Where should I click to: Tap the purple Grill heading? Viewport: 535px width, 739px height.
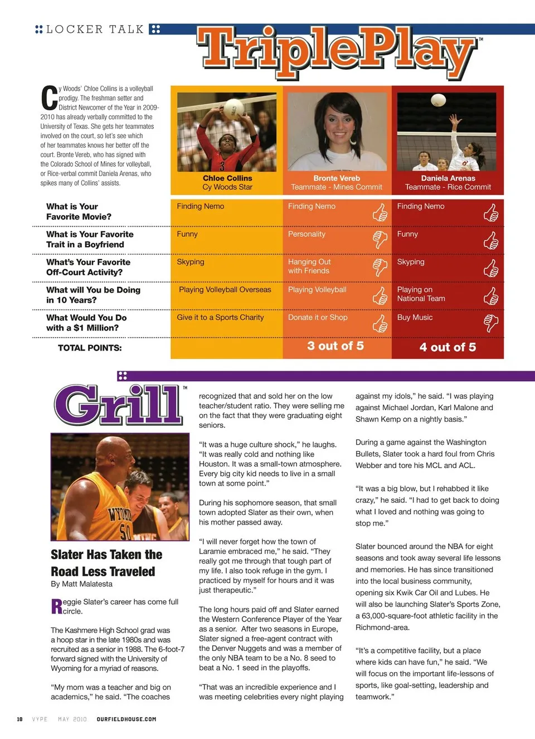pyautogui.click(x=119, y=405)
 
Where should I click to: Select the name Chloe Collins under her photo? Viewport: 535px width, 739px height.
pyautogui.click(x=227, y=178)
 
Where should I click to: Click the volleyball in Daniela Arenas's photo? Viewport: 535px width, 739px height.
pyautogui.click(x=439, y=100)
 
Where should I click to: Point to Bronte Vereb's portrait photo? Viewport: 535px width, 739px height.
pyautogui.click(x=337, y=132)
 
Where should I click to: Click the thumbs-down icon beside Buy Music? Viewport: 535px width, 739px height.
pyautogui.click(x=491, y=323)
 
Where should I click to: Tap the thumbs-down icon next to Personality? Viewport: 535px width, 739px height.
pyautogui.click(x=380, y=239)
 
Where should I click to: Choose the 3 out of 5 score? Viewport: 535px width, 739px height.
pyautogui.click(x=335, y=346)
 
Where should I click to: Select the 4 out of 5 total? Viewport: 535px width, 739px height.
pyautogui.click(x=448, y=347)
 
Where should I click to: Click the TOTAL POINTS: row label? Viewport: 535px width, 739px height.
pyautogui.click(x=90, y=348)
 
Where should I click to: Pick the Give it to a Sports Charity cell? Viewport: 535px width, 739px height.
pyautogui.click(x=220, y=318)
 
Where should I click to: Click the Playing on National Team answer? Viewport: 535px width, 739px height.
pyautogui.click(x=421, y=294)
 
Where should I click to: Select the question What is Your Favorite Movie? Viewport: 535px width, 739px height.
pyautogui.click(x=79, y=212)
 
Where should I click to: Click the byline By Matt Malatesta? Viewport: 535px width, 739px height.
pyautogui.click(x=81, y=584)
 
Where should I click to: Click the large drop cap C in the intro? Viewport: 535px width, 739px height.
pyautogui.click(x=49, y=98)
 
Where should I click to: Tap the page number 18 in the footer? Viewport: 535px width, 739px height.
pyautogui.click(x=20, y=719)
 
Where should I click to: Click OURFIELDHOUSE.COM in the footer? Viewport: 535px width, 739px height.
pyautogui.click(x=127, y=719)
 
